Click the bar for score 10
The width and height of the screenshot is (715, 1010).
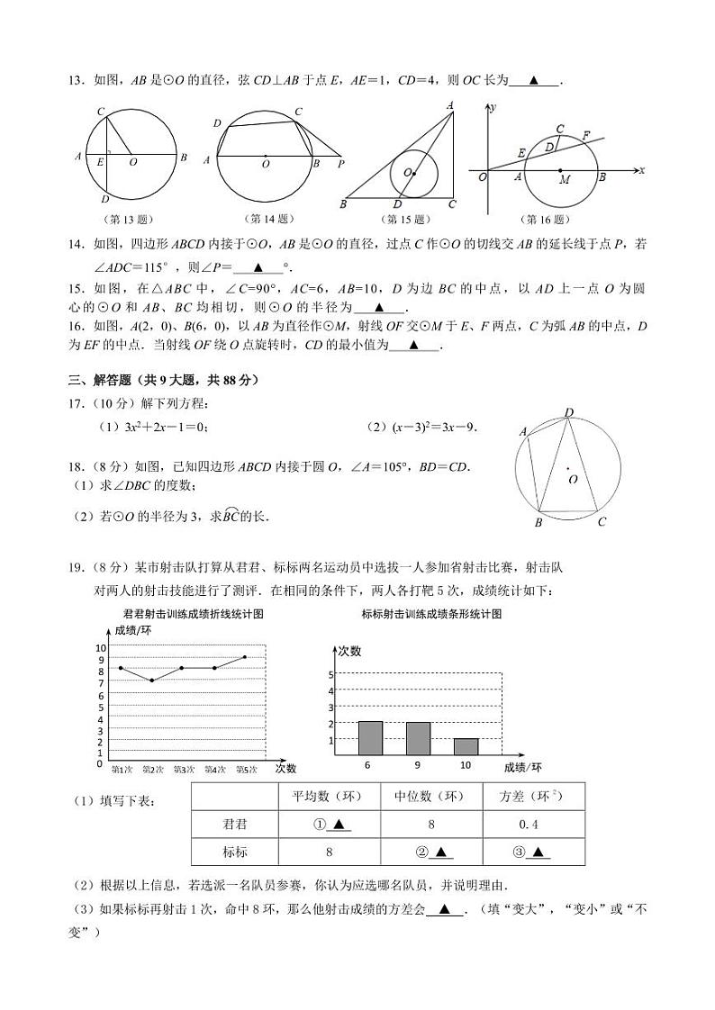(466, 746)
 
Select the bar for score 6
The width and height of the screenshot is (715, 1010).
(370, 738)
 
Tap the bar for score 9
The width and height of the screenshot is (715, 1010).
(418, 738)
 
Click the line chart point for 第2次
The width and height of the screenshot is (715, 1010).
(152, 681)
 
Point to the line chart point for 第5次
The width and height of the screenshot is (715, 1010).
(244, 657)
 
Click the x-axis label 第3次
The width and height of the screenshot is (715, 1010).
(184, 769)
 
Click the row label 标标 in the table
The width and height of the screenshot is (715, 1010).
(235, 852)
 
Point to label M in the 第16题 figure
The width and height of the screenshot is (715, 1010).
(565, 180)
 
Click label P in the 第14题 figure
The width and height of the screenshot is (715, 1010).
(340, 165)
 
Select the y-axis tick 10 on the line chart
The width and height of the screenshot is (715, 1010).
(101, 647)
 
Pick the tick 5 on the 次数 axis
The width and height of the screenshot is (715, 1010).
(331, 674)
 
